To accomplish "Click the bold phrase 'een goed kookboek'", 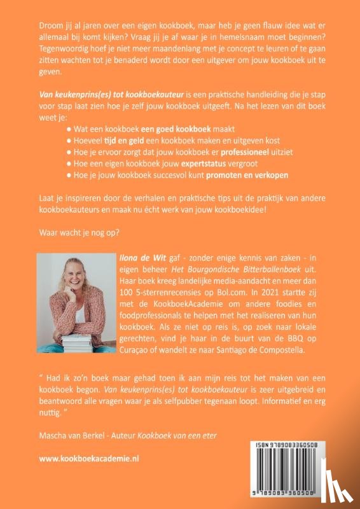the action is click(181, 128).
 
